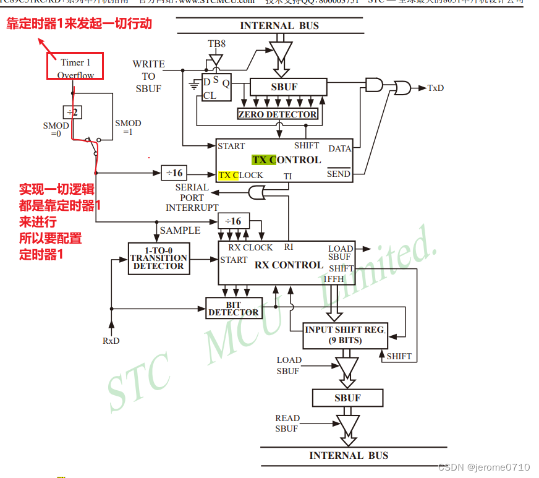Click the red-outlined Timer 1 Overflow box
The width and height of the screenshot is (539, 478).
[x=75, y=66]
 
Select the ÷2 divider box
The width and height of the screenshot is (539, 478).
[x=72, y=112]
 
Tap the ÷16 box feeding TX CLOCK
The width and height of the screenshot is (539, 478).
[x=174, y=173]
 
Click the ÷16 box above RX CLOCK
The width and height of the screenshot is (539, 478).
[x=233, y=221]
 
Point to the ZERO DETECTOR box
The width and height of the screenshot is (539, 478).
[x=278, y=114]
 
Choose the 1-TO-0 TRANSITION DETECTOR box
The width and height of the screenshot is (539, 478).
[x=159, y=258]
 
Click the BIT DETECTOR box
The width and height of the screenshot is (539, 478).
[x=233, y=309]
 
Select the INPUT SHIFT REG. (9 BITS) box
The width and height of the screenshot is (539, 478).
[x=345, y=335]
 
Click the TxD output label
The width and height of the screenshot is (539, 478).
[x=435, y=88]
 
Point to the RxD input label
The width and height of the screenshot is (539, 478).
[x=111, y=341]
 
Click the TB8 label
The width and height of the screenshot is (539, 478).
[x=216, y=44]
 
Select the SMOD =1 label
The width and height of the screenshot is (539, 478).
[x=128, y=127]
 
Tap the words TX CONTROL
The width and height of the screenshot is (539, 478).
[x=286, y=160]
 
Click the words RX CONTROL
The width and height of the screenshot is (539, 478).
[x=289, y=265]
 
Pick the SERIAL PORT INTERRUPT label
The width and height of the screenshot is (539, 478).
[x=192, y=197]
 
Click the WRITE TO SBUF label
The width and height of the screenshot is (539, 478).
[x=148, y=76]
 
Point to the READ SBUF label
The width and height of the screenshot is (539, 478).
[x=287, y=423]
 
